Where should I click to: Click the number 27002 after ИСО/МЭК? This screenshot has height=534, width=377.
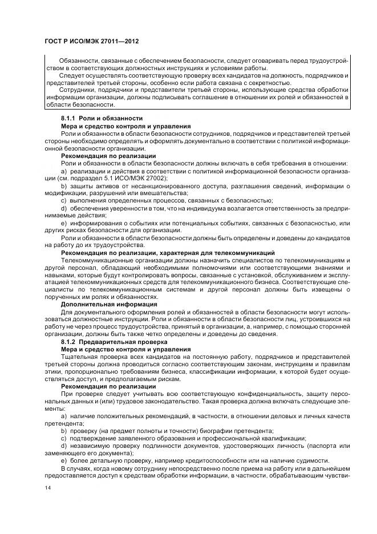point(159,177)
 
